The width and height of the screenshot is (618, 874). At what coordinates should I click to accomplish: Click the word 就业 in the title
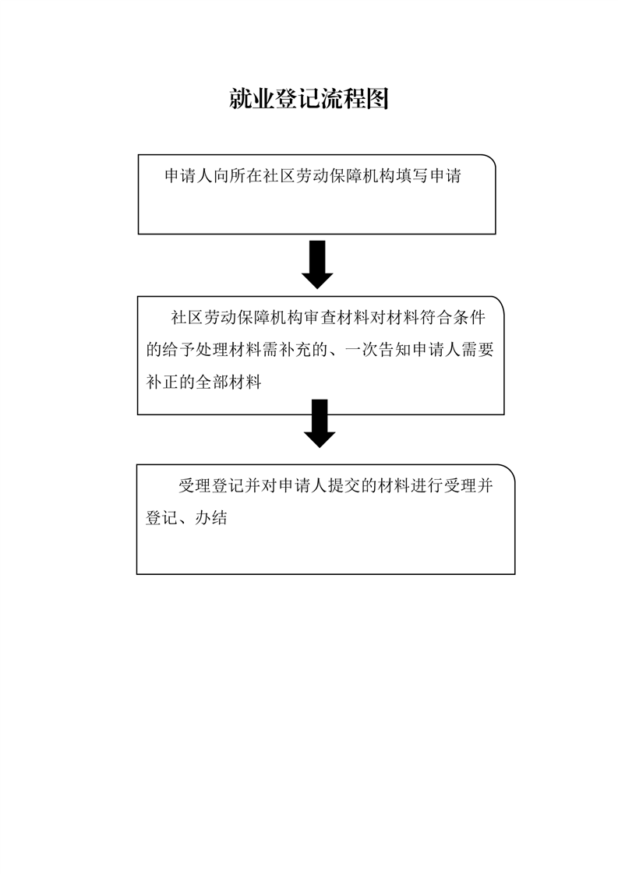click(252, 99)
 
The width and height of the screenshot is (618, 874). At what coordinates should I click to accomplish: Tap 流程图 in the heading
click(354, 99)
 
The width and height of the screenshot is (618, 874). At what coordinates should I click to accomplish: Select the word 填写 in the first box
click(412, 176)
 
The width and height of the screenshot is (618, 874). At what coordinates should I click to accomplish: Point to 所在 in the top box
click(247, 176)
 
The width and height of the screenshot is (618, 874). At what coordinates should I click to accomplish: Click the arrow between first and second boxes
click(317, 264)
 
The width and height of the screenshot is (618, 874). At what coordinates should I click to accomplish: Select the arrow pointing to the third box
click(320, 423)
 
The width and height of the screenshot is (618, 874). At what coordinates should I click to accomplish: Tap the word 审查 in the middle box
click(320, 318)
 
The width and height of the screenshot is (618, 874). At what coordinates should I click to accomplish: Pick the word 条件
click(469, 318)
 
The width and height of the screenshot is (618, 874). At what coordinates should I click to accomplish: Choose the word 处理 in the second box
click(213, 350)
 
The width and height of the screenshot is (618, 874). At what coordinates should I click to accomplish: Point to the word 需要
click(478, 350)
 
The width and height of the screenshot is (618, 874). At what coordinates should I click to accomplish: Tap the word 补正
click(162, 382)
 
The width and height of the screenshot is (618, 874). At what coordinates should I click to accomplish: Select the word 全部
click(212, 382)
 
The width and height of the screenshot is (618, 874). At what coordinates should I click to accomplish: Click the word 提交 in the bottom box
click(344, 486)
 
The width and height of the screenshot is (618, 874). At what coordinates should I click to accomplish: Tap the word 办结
click(211, 518)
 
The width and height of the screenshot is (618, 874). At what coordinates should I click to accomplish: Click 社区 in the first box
click(280, 176)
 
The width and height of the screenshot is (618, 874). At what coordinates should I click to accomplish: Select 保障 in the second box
click(254, 318)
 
